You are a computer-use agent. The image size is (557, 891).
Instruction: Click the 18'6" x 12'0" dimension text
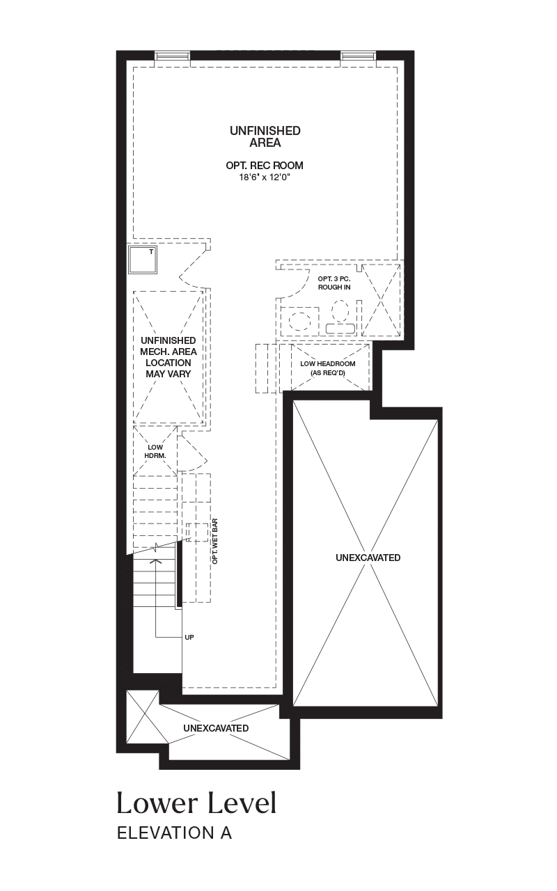click(265, 177)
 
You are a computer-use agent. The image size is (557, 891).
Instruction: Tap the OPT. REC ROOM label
click(265, 165)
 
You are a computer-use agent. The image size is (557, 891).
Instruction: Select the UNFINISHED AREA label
click(265, 136)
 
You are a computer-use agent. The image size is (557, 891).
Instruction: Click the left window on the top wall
click(172, 55)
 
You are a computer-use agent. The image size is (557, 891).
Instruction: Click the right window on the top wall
click(358, 55)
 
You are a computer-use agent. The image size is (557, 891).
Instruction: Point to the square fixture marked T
click(143, 260)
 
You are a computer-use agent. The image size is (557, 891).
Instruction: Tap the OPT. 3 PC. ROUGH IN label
click(334, 283)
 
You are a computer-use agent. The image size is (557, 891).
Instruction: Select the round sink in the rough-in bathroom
click(299, 321)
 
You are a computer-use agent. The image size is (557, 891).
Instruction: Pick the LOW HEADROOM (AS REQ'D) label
click(328, 368)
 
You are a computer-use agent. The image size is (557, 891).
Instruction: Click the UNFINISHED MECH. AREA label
click(168, 357)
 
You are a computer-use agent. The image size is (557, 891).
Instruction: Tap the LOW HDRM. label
click(155, 452)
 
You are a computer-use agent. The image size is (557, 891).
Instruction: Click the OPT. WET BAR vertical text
click(215, 541)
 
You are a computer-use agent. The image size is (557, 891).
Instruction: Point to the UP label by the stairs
click(189, 637)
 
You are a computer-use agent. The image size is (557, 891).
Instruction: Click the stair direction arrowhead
click(155, 561)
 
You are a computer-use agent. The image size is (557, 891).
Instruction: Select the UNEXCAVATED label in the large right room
click(368, 558)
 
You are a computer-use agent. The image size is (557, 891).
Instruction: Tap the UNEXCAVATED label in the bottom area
click(216, 728)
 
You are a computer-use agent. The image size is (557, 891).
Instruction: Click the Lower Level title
click(196, 803)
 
